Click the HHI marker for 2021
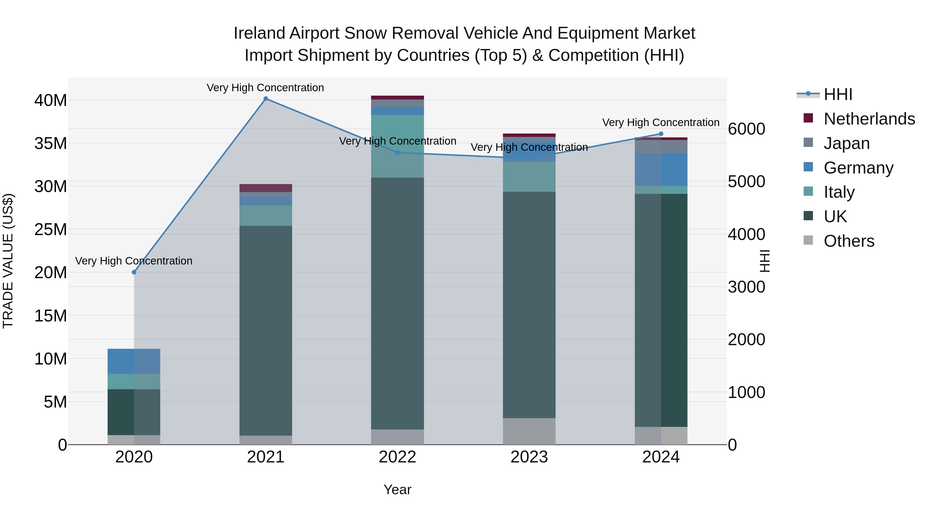tap(266, 99)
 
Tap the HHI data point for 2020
tap(134, 272)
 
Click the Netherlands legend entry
tap(869, 119)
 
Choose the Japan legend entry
tap(846, 143)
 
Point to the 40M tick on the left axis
tap(51, 100)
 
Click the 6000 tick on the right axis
tap(746, 129)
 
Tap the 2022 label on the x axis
tap(397, 457)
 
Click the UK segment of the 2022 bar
tap(397, 303)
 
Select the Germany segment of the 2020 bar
tap(134, 361)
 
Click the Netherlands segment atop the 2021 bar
tap(266, 188)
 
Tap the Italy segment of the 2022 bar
tap(397, 146)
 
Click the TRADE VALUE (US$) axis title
tap(8, 261)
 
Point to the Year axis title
tap(397, 490)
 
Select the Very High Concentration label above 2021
tap(266, 88)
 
